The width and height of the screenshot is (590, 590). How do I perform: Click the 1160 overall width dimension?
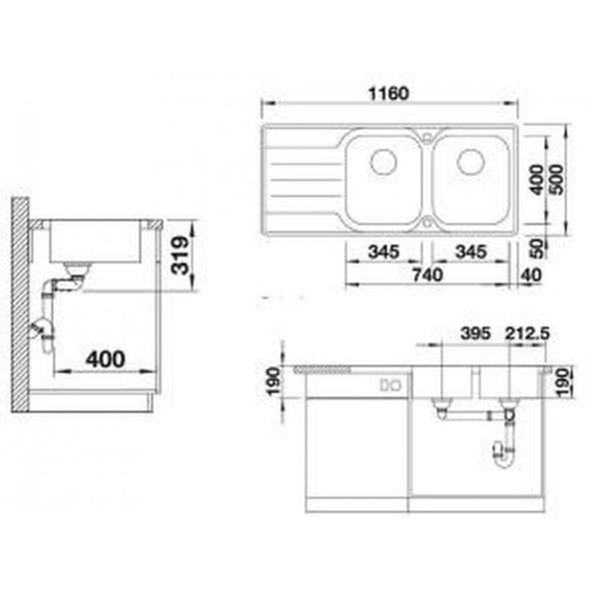(x=388, y=94)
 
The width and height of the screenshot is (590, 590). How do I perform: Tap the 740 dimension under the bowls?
(x=427, y=275)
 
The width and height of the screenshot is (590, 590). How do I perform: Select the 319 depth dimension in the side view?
(x=179, y=255)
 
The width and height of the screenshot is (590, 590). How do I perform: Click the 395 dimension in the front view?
(x=476, y=333)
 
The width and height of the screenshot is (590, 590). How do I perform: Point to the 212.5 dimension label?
(x=527, y=333)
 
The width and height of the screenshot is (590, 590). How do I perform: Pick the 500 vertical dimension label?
(x=557, y=179)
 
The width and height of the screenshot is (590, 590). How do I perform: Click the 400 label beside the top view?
(x=537, y=179)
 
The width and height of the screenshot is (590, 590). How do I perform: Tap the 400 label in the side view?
(x=105, y=359)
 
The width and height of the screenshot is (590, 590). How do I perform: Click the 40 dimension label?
(x=532, y=275)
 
